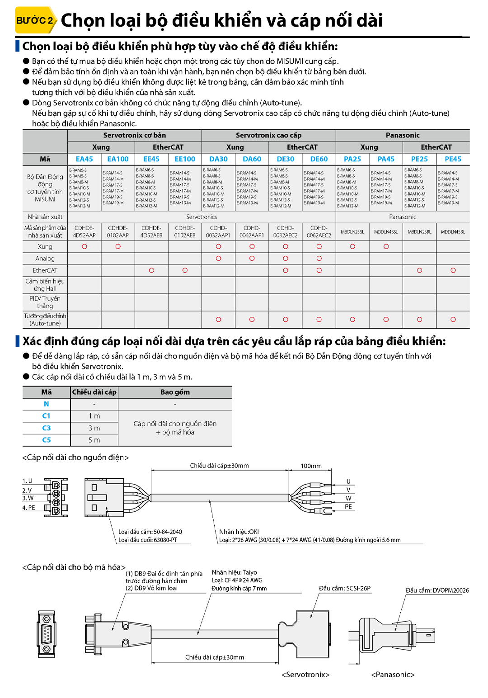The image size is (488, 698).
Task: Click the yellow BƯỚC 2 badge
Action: [35, 20]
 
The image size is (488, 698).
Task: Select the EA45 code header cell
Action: [84, 159]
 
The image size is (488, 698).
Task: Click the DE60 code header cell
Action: [319, 159]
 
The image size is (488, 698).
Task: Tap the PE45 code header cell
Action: [453, 159]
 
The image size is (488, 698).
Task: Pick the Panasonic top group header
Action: [403, 135]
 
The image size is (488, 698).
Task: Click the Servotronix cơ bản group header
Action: [134, 135]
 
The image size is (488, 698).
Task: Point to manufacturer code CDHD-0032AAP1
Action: [218, 232]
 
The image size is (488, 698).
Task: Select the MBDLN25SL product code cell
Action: [352, 232]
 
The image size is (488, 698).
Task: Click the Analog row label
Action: [45, 259]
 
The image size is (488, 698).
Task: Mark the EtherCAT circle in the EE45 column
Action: [151, 270]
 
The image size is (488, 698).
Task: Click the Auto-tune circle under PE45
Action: [453, 320]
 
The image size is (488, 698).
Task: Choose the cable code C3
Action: [47, 428]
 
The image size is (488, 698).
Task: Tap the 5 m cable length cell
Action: [94, 440]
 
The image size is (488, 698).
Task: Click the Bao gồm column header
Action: [175, 392]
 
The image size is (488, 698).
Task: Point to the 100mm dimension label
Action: [311, 466]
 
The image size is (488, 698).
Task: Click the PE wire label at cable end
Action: [348, 507]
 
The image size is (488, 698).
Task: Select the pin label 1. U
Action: [28, 481]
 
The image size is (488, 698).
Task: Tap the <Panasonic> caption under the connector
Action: [393, 675]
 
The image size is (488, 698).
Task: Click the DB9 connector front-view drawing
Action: [46, 634]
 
